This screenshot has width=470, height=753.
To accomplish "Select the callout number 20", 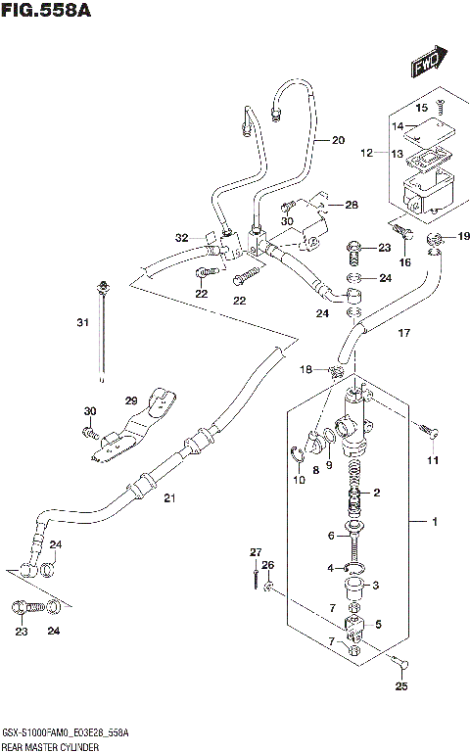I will (338, 140).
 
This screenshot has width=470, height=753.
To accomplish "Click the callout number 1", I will (434, 522).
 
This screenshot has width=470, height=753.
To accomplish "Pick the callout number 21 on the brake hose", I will (168, 499).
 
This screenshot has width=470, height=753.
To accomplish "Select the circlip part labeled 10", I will (299, 452).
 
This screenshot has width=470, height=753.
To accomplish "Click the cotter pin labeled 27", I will (255, 577).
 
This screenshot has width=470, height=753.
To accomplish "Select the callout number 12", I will (367, 153).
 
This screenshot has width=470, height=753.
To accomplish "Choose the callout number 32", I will (181, 238).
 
